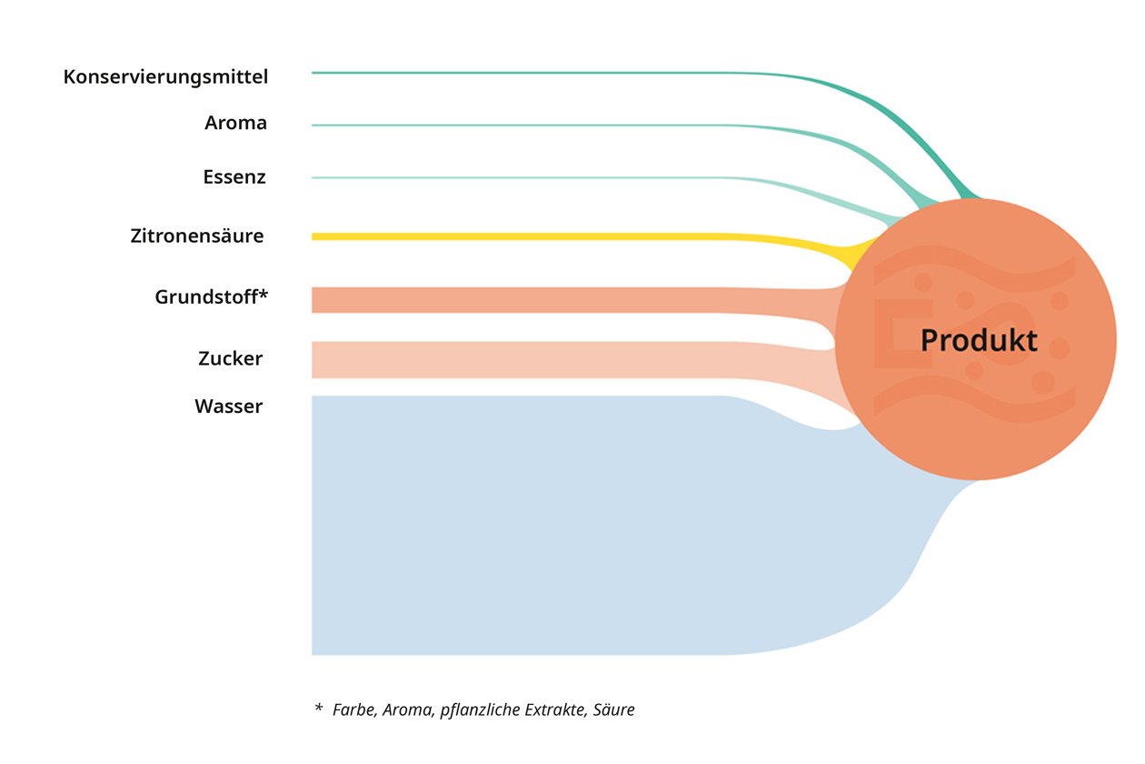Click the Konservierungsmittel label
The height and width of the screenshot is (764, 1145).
(165, 77)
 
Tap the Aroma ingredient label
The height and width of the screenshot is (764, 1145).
(235, 123)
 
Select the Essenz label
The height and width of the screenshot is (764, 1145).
(234, 177)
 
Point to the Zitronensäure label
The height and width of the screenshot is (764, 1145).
(197, 236)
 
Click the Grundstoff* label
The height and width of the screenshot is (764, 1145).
(211, 297)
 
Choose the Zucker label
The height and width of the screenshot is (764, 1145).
(231, 358)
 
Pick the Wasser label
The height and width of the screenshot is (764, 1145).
(228, 407)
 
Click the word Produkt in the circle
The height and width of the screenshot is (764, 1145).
(979, 340)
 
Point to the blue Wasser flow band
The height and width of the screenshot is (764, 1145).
(563, 525)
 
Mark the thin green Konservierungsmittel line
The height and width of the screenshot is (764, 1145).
(613, 73)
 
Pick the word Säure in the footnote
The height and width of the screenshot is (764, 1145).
(613, 709)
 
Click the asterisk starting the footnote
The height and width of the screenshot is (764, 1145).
(319, 708)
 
